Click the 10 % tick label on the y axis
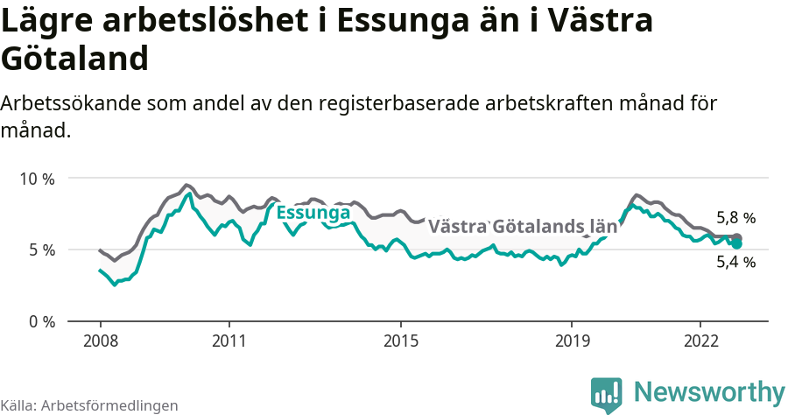pyautogui.click(x=36, y=179)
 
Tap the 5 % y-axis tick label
pyautogui.click(x=40, y=250)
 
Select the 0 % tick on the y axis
pyautogui.click(x=40, y=321)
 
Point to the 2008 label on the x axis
pyautogui.click(x=101, y=341)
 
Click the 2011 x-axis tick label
pyautogui.click(x=229, y=341)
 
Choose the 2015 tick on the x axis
pyautogui.click(x=400, y=341)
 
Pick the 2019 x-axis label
pyautogui.click(x=572, y=341)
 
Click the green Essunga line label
pyautogui.click(x=313, y=213)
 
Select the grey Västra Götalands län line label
pyautogui.click(x=523, y=227)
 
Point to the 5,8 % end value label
pyautogui.click(x=735, y=218)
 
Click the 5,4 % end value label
pyautogui.click(x=735, y=261)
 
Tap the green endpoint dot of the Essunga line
pyautogui.click(x=737, y=244)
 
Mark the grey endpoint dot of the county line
pyautogui.click(x=737, y=238)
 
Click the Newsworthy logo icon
pyautogui.click(x=607, y=395)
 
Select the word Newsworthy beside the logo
pyautogui.click(x=709, y=391)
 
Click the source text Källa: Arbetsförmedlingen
pyautogui.click(x=89, y=405)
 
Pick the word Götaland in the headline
pyautogui.click(x=74, y=59)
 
